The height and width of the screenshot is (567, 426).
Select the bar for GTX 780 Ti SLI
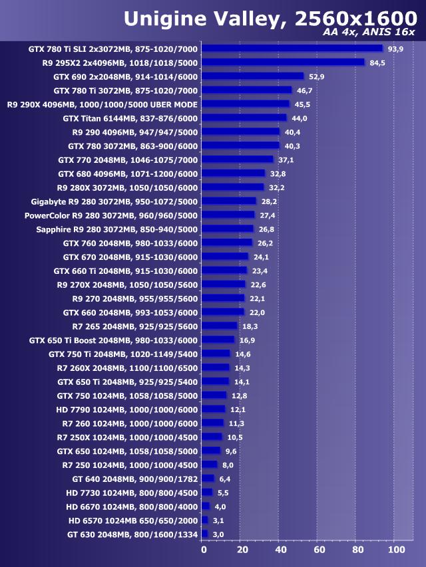[292, 48]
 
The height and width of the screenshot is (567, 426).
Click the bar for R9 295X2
[283, 62]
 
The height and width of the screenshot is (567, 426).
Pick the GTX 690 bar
[252, 76]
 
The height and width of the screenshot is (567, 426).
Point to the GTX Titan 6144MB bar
[244, 118]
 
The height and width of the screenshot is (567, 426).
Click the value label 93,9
[397, 49]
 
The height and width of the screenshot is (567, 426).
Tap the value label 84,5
[378, 62]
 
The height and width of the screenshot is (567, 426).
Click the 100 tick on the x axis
[396, 550]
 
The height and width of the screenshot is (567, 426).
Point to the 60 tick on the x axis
[319, 550]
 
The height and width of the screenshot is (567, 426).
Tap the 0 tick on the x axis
[204, 550]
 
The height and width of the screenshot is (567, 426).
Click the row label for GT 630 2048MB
[132, 534]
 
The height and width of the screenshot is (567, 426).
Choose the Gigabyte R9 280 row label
[114, 201]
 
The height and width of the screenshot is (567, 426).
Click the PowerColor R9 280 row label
[111, 215]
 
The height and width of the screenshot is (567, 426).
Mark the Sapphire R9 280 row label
[116, 229]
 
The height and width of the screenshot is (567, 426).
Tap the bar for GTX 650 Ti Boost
[218, 340]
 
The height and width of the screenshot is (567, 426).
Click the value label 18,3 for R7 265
[250, 326]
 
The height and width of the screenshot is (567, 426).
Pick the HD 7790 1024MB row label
[127, 409]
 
